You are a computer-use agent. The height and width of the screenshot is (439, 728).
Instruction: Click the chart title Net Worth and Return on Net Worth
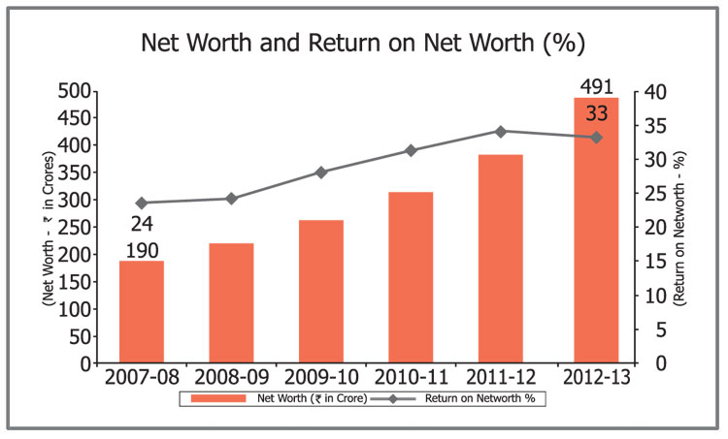[x=363, y=44]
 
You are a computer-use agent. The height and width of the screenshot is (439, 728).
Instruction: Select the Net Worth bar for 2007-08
[x=142, y=312]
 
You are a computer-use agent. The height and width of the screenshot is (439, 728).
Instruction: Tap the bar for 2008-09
[x=231, y=303]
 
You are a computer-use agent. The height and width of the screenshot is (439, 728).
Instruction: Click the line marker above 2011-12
[x=500, y=131]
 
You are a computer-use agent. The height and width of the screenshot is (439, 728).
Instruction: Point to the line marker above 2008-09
[x=231, y=199]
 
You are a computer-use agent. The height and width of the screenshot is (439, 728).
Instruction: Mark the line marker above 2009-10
[x=320, y=172]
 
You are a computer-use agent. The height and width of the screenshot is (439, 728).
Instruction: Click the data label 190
[x=142, y=251]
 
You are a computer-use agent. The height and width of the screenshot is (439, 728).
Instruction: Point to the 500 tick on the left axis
[x=75, y=91]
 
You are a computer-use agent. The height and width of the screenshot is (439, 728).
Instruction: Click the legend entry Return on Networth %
[x=480, y=398]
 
